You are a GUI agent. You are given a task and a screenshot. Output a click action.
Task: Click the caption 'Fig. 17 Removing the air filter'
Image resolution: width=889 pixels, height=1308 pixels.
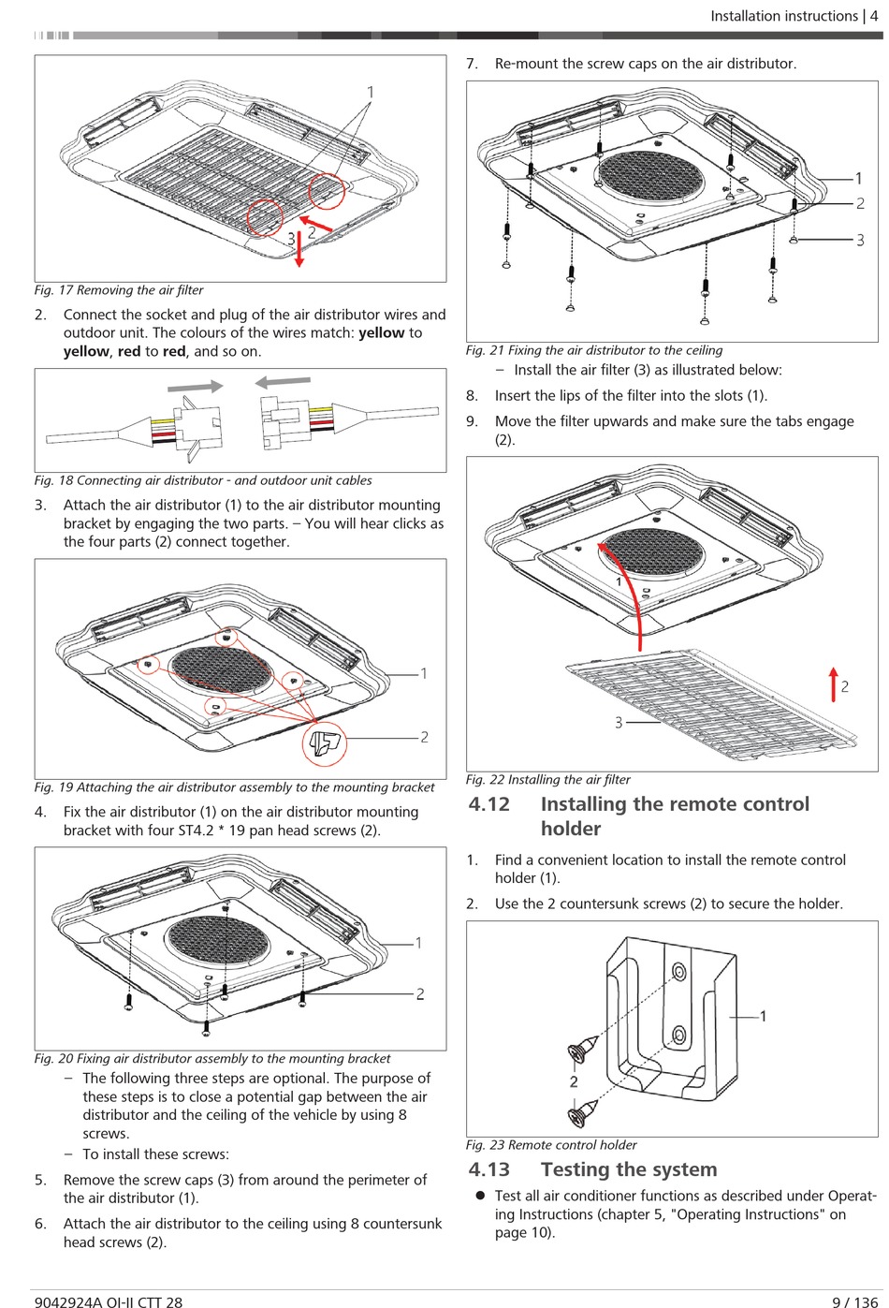click(x=119, y=290)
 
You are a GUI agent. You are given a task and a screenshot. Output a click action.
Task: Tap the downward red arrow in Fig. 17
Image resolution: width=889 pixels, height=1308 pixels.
click(x=299, y=249)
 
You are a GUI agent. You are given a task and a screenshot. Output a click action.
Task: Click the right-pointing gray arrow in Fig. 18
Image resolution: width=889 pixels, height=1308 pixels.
click(x=195, y=386)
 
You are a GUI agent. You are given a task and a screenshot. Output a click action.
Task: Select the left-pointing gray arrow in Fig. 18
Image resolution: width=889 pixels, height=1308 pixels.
click(x=283, y=382)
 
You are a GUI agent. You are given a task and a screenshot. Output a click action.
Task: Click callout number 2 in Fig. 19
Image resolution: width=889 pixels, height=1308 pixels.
click(x=424, y=737)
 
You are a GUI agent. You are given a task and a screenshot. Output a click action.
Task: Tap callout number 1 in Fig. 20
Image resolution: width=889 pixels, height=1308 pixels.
click(x=418, y=943)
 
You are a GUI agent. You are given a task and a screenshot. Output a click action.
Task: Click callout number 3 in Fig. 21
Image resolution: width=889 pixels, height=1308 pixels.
click(x=860, y=240)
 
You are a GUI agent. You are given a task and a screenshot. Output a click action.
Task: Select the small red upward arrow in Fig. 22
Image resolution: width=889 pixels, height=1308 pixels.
click(x=834, y=684)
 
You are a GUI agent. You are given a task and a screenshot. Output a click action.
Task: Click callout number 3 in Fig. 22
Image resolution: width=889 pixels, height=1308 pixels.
click(x=619, y=723)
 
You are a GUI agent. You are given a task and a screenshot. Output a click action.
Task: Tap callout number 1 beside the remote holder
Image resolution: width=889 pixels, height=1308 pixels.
click(x=763, y=1017)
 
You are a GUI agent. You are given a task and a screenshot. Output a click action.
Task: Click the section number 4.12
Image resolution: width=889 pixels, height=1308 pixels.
click(x=489, y=804)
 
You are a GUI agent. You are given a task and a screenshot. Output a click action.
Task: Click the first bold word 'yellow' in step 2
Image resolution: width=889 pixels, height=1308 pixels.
click(x=381, y=332)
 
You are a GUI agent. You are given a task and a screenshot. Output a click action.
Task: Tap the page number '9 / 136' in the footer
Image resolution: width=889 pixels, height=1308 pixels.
click(x=854, y=1301)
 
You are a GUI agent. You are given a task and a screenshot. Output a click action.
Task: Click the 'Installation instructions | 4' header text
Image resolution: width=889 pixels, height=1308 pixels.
click(x=794, y=16)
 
